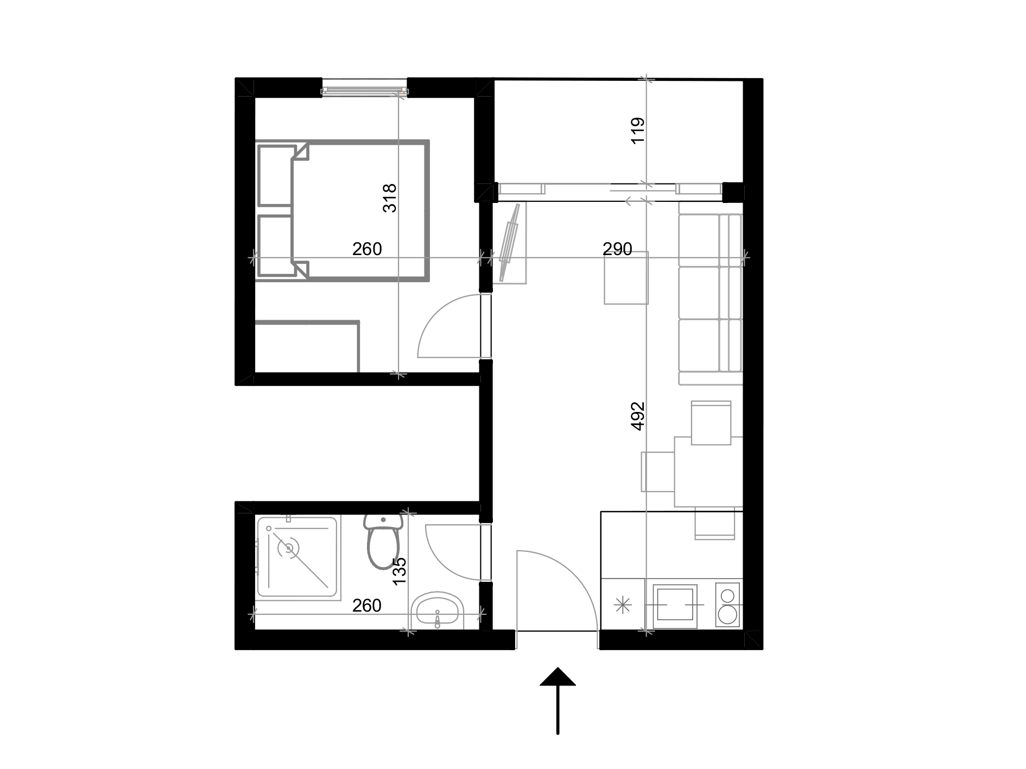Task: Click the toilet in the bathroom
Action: pyautogui.click(x=383, y=545)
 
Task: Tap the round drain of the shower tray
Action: pyautogui.click(x=288, y=548)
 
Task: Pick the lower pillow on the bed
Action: pyautogui.click(x=275, y=245)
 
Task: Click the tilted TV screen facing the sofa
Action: pyautogui.click(x=510, y=243)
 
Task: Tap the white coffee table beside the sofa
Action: pyautogui.click(x=626, y=278)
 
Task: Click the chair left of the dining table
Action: pyautogui.click(x=657, y=471)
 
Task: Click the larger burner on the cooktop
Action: pyautogui.click(x=727, y=615)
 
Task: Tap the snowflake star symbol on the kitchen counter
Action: pyautogui.click(x=623, y=605)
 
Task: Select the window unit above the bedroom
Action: pyautogui.click(x=364, y=87)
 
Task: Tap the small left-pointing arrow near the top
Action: pyautogui.click(x=632, y=201)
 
